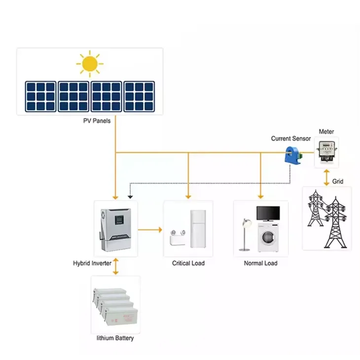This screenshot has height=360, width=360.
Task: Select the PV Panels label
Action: [x=97, y=121]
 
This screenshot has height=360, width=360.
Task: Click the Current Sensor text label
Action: [x=291, y=139]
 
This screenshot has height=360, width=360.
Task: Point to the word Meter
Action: [x=326, y=132]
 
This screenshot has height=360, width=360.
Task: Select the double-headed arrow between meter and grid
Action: [x=326, y=177]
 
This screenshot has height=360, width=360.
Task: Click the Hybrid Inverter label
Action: [x=92, y=263]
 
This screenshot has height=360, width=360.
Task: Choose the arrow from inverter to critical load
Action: [x=150, y=229]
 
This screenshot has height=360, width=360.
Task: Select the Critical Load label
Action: [x=188, y=263]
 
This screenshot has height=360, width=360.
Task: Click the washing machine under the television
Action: [x=268, y=237]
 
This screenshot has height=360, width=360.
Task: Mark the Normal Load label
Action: [x=260, y=263]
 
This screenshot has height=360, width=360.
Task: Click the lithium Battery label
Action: [x=115, y=338]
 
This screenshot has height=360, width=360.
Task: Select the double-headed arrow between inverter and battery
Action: [x=115, y=266]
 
